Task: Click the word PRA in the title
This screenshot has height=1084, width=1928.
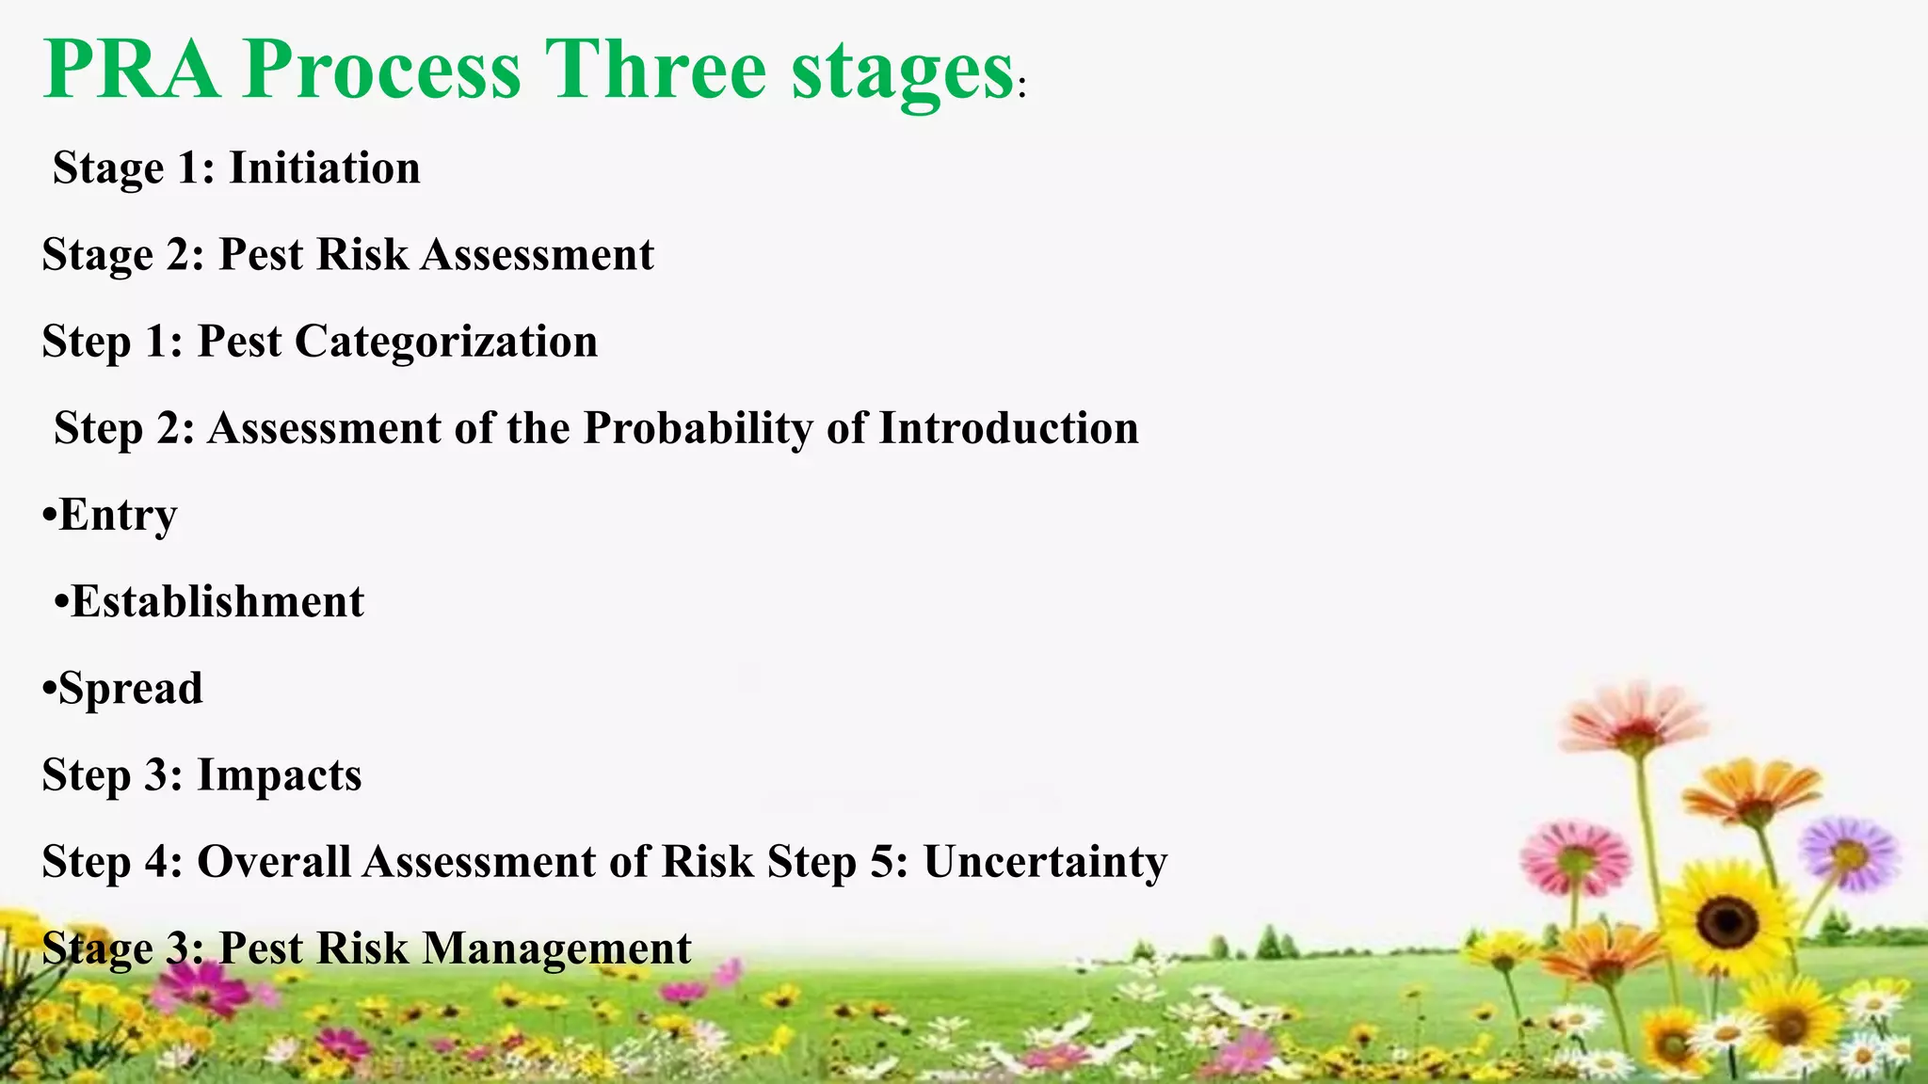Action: pyautogui.click(x=132, y=70)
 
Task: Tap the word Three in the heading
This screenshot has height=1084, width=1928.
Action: pyautogui.click(x=656, y=70)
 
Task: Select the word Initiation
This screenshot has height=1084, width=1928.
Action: pyautogui.click(x=325, y=168)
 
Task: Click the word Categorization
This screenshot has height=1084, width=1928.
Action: pyautogui.click(x=446, y=342)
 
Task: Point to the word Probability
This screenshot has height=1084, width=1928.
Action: pyautogui.click(x=698, y=428)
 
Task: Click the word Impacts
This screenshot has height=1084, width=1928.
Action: pyautogui.click(x=279, y=775)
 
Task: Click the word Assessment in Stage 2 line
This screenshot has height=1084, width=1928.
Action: pyautogui.click(x=537, y=255)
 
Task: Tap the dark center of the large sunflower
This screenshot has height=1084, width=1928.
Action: pyautogui.click(x=1727, y=918)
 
